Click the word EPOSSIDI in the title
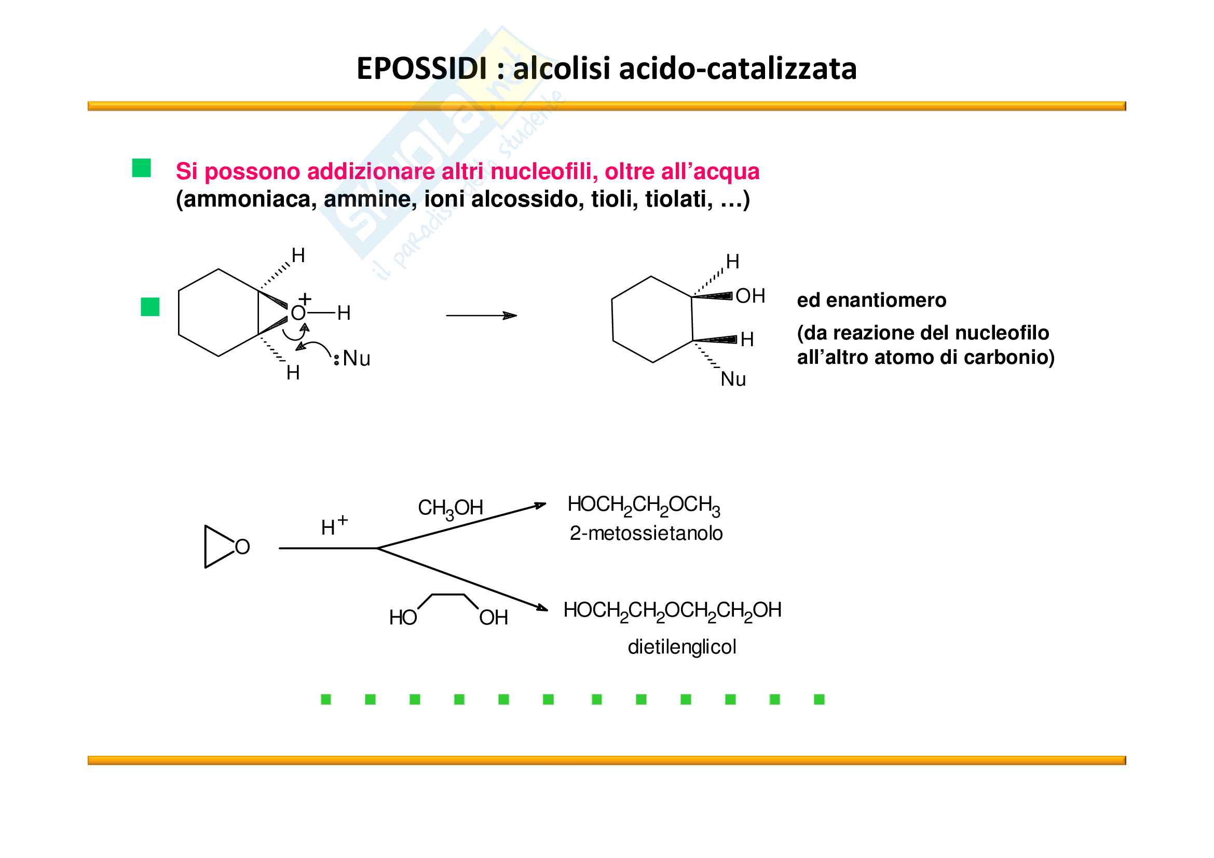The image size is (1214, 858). [x=421, y=69]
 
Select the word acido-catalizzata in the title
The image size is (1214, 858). [x=738, y=69]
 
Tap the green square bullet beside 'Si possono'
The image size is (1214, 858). [x=141, y=168]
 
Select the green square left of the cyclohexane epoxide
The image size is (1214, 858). [x=150, y=307]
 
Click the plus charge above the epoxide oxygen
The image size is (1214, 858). [x=305, y=298]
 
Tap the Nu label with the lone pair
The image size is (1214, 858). [x=356, y=359]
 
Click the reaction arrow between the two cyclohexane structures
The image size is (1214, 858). [x=481, y=316]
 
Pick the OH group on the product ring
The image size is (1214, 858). [x=751, y=296]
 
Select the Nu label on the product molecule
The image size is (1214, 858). [x=733, y=379]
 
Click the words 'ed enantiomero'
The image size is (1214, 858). [x=871, y=300]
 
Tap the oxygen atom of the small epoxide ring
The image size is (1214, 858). [x=242, y=547]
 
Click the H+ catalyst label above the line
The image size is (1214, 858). [x=334, y=526]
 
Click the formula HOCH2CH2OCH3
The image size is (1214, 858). [x=644, y=506]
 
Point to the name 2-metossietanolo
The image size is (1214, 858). [x=646, y=534]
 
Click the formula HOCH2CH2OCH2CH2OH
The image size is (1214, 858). [x=672, y=610]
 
